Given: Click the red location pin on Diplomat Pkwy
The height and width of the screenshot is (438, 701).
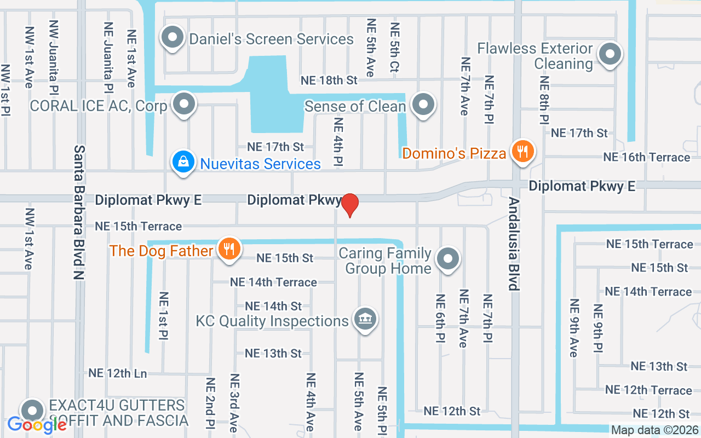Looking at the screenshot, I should [x=350, y=205].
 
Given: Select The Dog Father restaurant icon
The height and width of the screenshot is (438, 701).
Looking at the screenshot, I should [x=228, y=249].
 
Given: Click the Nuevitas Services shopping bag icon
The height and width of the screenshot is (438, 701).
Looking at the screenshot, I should [x=182, y=162].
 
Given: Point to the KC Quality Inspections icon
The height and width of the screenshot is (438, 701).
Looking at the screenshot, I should [x=364, y=319].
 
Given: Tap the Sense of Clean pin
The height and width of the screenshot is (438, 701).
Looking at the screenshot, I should [x=423, y=104].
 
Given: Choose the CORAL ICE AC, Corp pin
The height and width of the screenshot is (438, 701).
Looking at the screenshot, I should [x=183, y=104].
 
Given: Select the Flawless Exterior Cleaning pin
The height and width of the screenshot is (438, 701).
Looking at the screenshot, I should [x=609, y=55].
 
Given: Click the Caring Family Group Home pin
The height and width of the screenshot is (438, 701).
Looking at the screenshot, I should [x=449, y=259].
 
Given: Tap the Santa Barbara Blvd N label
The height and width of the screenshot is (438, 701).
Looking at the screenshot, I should [x=80, y=212].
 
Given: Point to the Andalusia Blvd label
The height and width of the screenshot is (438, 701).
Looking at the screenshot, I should [x=513, y=244].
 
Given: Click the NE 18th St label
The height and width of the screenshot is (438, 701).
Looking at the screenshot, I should [x=329, y=80].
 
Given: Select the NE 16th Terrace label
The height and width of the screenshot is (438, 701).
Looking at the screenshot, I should [x=646, y=157].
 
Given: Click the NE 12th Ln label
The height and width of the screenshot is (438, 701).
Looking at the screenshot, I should [x=118, y=373].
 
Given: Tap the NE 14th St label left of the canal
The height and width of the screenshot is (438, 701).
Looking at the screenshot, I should [x=273, y=306].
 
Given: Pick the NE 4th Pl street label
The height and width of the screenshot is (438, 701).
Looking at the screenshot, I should [x=338, y=142].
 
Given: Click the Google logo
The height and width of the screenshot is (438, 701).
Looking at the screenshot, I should [x=37, y=424].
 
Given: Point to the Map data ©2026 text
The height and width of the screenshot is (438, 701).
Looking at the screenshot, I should [x=655, y=430].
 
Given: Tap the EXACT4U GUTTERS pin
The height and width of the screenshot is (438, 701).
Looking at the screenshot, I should [x=32, y=410].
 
